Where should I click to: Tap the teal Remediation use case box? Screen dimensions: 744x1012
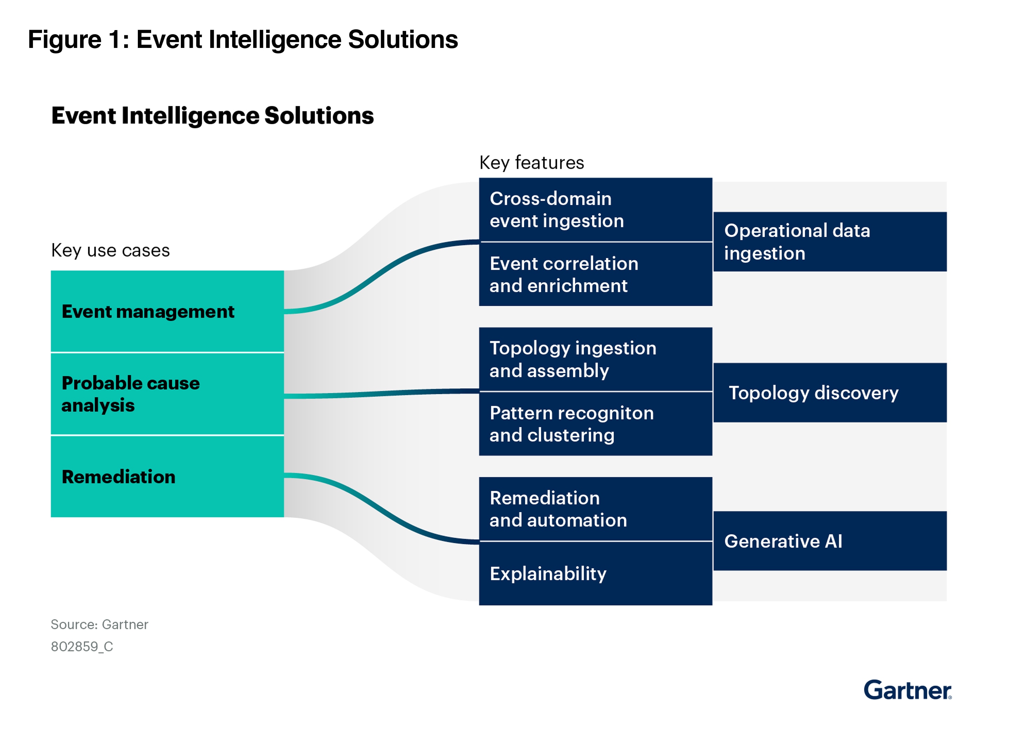pos(167,476)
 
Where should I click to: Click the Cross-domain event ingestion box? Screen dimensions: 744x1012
pos(595,210)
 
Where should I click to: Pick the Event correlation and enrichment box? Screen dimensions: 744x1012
pos(595,274)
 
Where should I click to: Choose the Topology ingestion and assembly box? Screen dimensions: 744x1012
pos(595,359)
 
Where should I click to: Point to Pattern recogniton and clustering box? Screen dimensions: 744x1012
pos(595,424)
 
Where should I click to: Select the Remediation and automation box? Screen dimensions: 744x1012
pos(595,509)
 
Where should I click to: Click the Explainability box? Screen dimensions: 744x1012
pos(595,573)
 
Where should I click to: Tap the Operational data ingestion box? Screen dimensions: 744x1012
pos(830,241)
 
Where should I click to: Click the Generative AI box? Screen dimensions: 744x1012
pos(830,540)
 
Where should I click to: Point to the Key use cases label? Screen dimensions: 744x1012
pos(110,250)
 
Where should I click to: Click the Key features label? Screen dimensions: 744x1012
pos(531,162)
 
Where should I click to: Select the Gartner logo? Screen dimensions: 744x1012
pos(907,689)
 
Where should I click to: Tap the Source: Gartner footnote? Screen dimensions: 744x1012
pos(99,624)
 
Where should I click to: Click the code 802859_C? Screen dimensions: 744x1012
pos(82,646)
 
